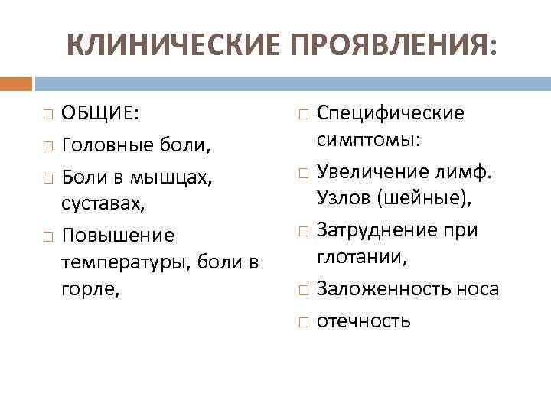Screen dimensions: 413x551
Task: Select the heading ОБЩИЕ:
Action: pyautogui.click(x=100, y=113)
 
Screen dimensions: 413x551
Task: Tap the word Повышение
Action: pyautogui.click(x=107, y=235)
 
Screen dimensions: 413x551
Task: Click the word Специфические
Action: pyautogui.click(x=390, y=113)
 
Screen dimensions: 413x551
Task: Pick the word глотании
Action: pyautogui.click(x=361, y=257)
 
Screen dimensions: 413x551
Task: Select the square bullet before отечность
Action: pyautogui.click(x=302, y=321)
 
